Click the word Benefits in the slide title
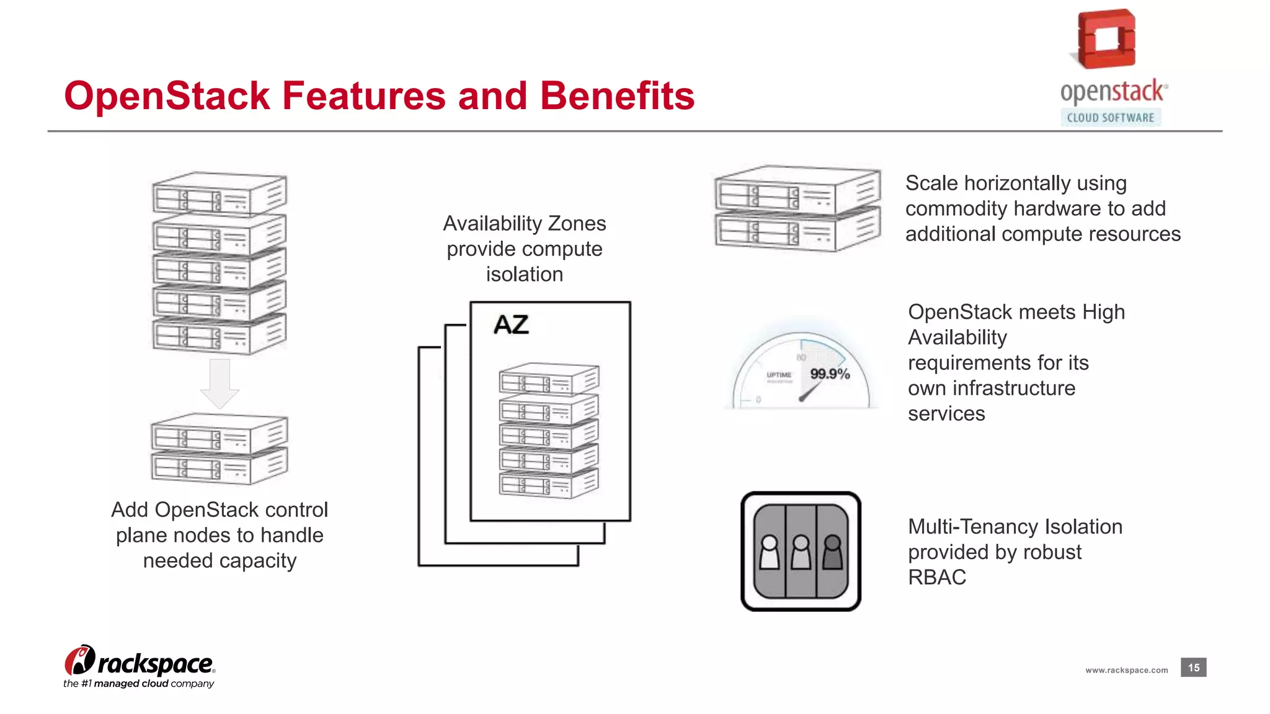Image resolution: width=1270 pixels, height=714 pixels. click(x=617, y=96)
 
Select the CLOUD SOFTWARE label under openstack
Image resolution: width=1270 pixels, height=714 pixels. click(x=1110, y=118)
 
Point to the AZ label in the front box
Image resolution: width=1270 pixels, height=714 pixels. click(x=511, y=325)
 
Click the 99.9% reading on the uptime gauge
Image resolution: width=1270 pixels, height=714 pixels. click(x=830, y=374)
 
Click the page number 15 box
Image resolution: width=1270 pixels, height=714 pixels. click(x=1193, y=668)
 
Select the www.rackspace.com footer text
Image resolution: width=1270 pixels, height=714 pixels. click(x=1126, y=670)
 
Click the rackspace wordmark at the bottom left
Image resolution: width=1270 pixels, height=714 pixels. click(x=155, y=664)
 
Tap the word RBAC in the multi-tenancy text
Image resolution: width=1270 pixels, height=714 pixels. click(x=937, y=577)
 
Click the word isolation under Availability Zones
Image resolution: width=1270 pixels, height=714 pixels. click(x=525, y=274)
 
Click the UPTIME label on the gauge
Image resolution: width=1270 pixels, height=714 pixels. click(x=779, y=375)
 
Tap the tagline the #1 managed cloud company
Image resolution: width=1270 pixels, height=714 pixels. click(x=139, y=684)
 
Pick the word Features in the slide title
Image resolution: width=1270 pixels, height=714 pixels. click(x=363, y=96)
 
